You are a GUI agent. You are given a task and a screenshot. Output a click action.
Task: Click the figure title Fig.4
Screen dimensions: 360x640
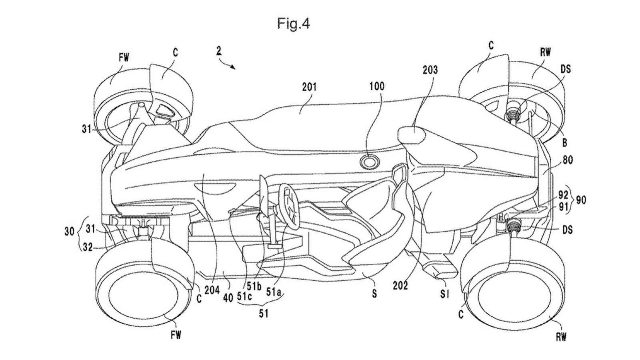click(294, 24)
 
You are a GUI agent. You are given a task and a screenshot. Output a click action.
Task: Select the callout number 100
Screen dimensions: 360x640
click(377, 86)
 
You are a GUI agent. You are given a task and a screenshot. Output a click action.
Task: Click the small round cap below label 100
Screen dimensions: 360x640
click(369, 162)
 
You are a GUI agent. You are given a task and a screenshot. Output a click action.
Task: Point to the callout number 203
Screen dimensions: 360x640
click(430, 70)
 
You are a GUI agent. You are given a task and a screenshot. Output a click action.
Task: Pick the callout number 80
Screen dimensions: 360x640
click(567, 160)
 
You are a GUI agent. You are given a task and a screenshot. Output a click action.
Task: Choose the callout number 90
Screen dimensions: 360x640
click(580, 200)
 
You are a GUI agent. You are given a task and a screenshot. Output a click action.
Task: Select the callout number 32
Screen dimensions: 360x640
click(88, 248)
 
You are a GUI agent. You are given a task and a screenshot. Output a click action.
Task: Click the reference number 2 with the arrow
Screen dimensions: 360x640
click(218, 51)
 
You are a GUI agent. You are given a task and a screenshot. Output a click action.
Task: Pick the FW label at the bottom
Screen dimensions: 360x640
click(176, 335)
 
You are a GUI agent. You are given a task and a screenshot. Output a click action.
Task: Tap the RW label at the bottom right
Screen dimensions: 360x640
click(561, 337)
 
